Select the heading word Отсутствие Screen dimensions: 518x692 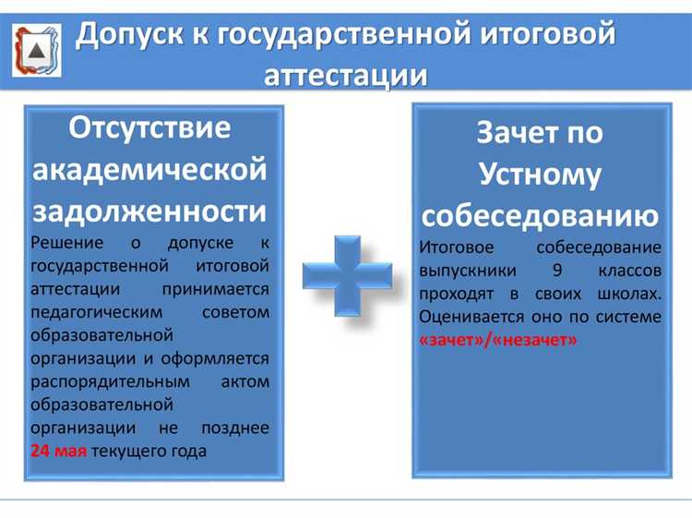[x=149, y=128]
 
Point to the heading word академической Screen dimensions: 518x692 [x=149, y=171]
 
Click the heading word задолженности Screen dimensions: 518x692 [x=149, y=211]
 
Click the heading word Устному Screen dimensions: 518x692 [x=540, y=175]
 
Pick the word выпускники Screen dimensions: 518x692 [x=468, y=271]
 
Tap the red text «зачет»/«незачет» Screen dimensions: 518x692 [x=497, y=340]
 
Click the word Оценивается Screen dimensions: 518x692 [x=471, y=317]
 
